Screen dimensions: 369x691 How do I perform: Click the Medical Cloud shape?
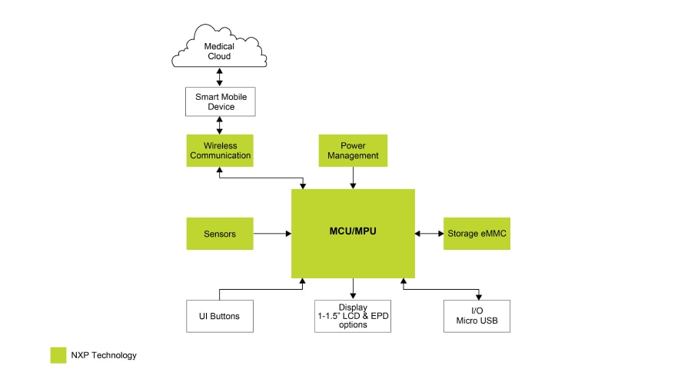219,48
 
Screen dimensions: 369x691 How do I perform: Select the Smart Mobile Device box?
220,102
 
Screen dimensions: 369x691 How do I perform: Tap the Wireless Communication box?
220,150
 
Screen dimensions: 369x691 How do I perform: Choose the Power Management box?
354,150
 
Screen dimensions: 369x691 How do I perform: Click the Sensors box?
220,234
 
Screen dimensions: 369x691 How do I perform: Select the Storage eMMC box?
477,234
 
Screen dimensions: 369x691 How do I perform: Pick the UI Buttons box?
220,316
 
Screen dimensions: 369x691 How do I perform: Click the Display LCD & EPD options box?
353,316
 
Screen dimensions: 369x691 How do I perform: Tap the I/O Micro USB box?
477,316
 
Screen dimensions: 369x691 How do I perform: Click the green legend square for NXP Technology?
58,355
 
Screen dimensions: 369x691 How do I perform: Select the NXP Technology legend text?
104,355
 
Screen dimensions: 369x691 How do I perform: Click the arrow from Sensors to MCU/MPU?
272,234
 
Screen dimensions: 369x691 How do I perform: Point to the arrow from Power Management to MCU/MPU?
354,178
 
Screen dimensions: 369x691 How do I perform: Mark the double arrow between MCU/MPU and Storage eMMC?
429,234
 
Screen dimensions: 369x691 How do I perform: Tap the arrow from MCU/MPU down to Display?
353,289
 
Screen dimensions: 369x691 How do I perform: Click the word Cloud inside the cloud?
219,56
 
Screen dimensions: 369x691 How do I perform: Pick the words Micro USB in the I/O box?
477,321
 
